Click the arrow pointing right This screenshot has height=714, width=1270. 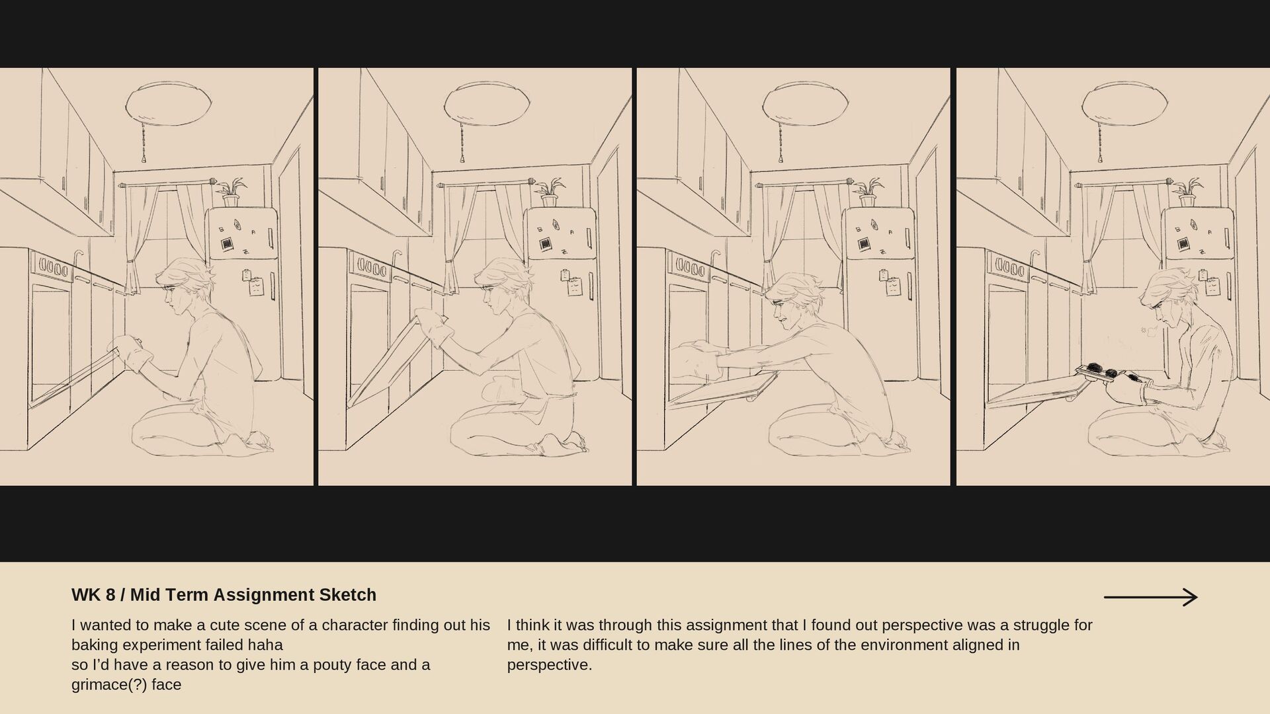[x=1150, y=598]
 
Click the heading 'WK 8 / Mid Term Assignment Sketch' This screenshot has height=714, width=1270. [x=224, y=595]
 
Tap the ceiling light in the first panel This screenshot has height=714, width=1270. [x=169, y=103]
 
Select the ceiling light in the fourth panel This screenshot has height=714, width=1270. [x=1125, y=103]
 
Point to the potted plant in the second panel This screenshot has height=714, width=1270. [x=550, y=192]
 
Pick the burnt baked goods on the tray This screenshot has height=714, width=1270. [x=1111, y=372]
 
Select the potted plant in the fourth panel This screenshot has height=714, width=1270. [x=1187, y=192]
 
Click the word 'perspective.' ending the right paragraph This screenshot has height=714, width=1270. [x=550, y=665]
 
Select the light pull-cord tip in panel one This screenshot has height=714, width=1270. [x=144, y=159]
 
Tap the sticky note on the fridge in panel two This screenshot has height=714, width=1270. [x=575, y=286]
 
